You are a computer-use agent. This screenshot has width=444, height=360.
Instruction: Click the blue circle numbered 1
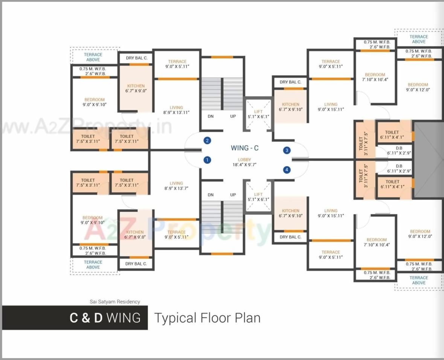pos(207,160)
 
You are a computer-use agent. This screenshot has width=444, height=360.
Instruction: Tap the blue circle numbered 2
pos(207,141)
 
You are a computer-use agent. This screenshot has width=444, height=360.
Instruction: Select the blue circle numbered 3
pos(287,150)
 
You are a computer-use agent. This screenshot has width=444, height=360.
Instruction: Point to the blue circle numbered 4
pos(287,170)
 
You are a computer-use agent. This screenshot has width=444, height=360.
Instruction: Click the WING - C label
pos(244,148)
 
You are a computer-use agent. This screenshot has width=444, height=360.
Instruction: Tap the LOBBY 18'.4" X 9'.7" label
pos(244,162)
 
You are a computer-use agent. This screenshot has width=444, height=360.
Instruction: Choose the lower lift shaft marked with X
pos(258,197)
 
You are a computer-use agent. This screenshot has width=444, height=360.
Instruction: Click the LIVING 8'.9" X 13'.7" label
pos(176,186)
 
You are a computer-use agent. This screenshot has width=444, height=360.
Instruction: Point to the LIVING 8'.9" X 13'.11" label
pos(176,110)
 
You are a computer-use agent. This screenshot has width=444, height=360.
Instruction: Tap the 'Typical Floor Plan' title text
pos(207,318)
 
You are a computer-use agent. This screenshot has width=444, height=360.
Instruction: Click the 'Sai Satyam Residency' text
pos(115,301)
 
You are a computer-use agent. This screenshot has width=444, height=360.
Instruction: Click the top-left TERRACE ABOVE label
pos(93,57)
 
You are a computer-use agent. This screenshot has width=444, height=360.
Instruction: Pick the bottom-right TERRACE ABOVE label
pos(418,280)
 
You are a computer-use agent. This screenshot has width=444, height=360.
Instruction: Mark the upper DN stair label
pos(211,116)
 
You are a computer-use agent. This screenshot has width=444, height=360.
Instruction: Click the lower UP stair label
pos(233,194)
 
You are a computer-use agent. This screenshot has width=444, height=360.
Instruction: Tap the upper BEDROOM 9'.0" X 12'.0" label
pos(418,87)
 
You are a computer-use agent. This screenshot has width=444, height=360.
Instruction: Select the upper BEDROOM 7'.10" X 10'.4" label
pos(375,77)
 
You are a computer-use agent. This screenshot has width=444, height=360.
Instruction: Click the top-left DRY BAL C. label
pos(136,58)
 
